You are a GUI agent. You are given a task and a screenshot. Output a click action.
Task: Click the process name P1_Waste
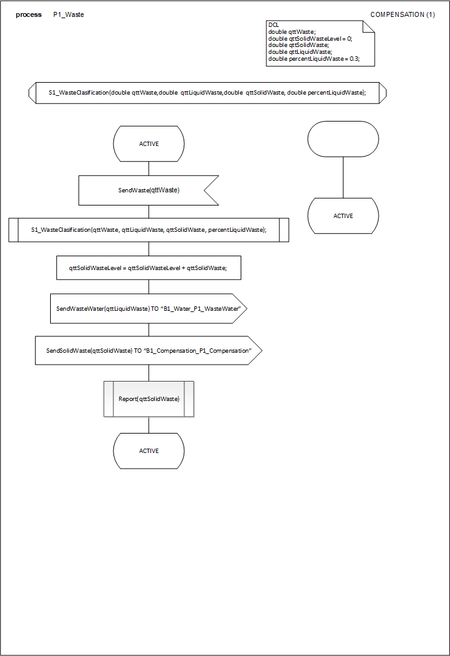(x=68, y=14)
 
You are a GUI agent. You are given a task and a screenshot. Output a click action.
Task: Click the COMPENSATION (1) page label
(x=402, y=14)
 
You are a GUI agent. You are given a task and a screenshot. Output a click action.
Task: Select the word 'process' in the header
(x=29, y=14)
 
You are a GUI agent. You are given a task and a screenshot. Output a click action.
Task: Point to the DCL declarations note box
(x=320, y=43)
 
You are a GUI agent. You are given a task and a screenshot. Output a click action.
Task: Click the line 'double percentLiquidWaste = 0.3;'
(x=314, y=59)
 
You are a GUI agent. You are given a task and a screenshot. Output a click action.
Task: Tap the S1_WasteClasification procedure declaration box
(x=207, y=93)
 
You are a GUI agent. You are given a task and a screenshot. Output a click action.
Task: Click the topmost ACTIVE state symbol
(x=149, y=144)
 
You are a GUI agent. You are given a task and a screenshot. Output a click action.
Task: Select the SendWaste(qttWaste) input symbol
(x=149, y=190)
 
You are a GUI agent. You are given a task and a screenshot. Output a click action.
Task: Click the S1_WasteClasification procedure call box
(x=149, y=230)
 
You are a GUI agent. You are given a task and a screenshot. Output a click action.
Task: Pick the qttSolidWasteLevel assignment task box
(x=149, y=268)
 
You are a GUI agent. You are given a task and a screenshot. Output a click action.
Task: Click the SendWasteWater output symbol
(x=149, y=309)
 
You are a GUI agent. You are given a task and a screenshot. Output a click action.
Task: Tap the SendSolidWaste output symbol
(x=149, y=351)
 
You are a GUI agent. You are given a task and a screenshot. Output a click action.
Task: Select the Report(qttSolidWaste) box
(x=149, y=399)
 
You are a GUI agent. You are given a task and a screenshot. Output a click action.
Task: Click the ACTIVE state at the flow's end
(x=149, y=451)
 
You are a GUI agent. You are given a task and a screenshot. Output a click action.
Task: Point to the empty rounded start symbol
(x=343, y=139)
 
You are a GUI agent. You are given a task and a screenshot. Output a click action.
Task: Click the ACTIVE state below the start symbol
(x=343, y=216)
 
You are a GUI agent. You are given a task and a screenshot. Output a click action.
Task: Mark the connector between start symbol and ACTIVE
(x=343, y=177)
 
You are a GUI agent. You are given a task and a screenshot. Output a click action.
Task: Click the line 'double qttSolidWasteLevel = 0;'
(x=310, y=38)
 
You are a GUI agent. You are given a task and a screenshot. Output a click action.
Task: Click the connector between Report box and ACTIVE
(x=149, y=425)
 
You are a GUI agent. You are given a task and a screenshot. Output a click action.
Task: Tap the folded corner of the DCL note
(x=369, y=26)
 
